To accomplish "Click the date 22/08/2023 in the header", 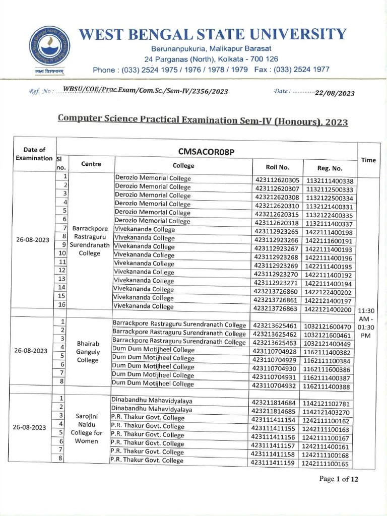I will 335,93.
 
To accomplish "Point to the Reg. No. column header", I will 330,168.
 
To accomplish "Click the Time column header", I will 368,160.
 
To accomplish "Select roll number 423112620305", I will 277,180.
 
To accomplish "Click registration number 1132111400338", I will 330,181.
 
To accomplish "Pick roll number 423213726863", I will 276,308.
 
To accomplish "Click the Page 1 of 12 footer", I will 339,479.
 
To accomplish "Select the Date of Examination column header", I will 34,153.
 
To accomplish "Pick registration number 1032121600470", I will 328,327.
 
